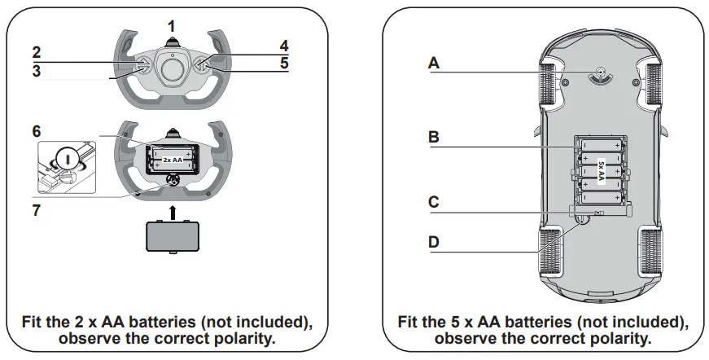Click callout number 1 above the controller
click(171, 26)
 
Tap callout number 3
click(37, 71)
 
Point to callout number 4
click(283, 45)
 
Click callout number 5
click(283, 62)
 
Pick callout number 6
click(37, 130)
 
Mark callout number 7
click(37, 209)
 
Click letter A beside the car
click(434, 64)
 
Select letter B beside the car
click(434, 138)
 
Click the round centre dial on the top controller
click(172, 70)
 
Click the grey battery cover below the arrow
click(172, 238)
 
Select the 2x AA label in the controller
click(172, 153)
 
